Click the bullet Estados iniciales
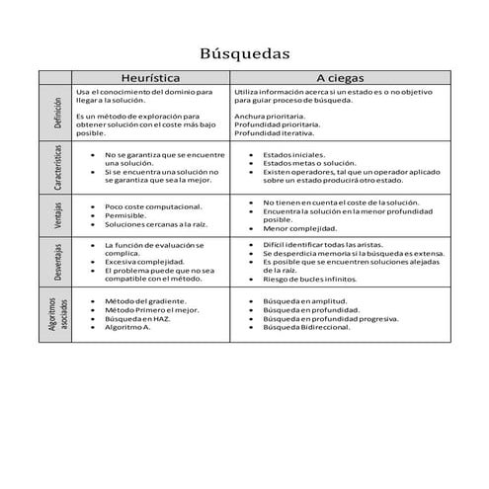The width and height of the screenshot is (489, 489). pyautogui.click(x=294, y=155)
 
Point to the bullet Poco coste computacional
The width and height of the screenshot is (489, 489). pyautogui.click(x=153, y=206)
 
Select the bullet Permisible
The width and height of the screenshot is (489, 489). pyautogui.click(x=125, y=215)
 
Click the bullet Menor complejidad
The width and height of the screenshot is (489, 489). pyautogui.click(x=300, y=228)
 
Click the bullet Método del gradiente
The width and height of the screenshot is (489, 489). pyautogui.click(x=147, y=300)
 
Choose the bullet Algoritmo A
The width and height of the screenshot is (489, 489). pyautogui.click(x=128, y=327)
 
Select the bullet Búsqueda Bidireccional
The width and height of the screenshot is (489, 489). pyautogui.click(x=310, y=327)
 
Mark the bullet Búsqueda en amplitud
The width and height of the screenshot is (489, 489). pyautogui.click(x=304, y=300)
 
